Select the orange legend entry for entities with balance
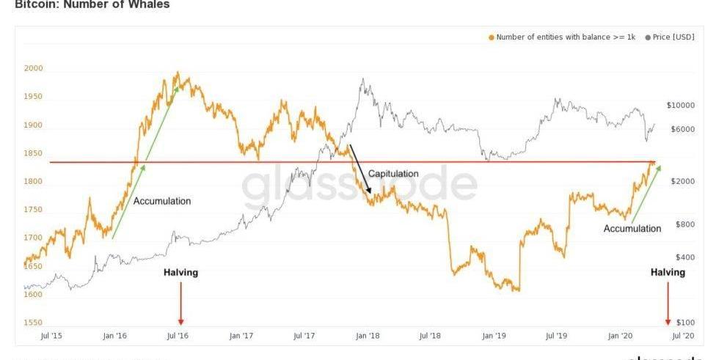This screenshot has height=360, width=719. pyautogui.click(x=562, y=37)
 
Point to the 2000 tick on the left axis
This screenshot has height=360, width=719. pyautogui.click(x=34, y=68)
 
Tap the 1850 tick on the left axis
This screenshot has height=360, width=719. pyautogui.click(x=34, y=153)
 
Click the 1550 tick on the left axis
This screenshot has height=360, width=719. pyautogui.click(x=34, y=323)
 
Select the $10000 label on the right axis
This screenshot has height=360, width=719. pyautogui.click(x=680, y=106)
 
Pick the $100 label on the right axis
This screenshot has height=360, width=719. pyautogui.click(x=685, y=323)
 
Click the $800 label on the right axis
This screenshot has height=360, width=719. pyautogui.click(x=685, y=224)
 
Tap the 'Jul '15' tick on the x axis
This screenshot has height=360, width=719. pyautogui.click(x=50, y=336)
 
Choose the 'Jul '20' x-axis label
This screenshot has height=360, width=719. pyautogui.click(x=683, y=336)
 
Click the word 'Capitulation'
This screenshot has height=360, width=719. pyautogui.click(x=393, y=174)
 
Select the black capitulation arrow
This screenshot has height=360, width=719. pyautogui.click(x=360, y=169)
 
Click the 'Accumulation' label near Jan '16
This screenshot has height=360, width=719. pyautogui.click(x=162, y=201)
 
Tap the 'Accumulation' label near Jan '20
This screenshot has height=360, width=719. pyautogui.click(x=632, y=229)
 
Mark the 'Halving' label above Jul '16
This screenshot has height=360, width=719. pyautogui.click(x=180, y=273)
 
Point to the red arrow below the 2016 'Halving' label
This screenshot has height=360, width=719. pyautogui.click(x=180, y=304)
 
